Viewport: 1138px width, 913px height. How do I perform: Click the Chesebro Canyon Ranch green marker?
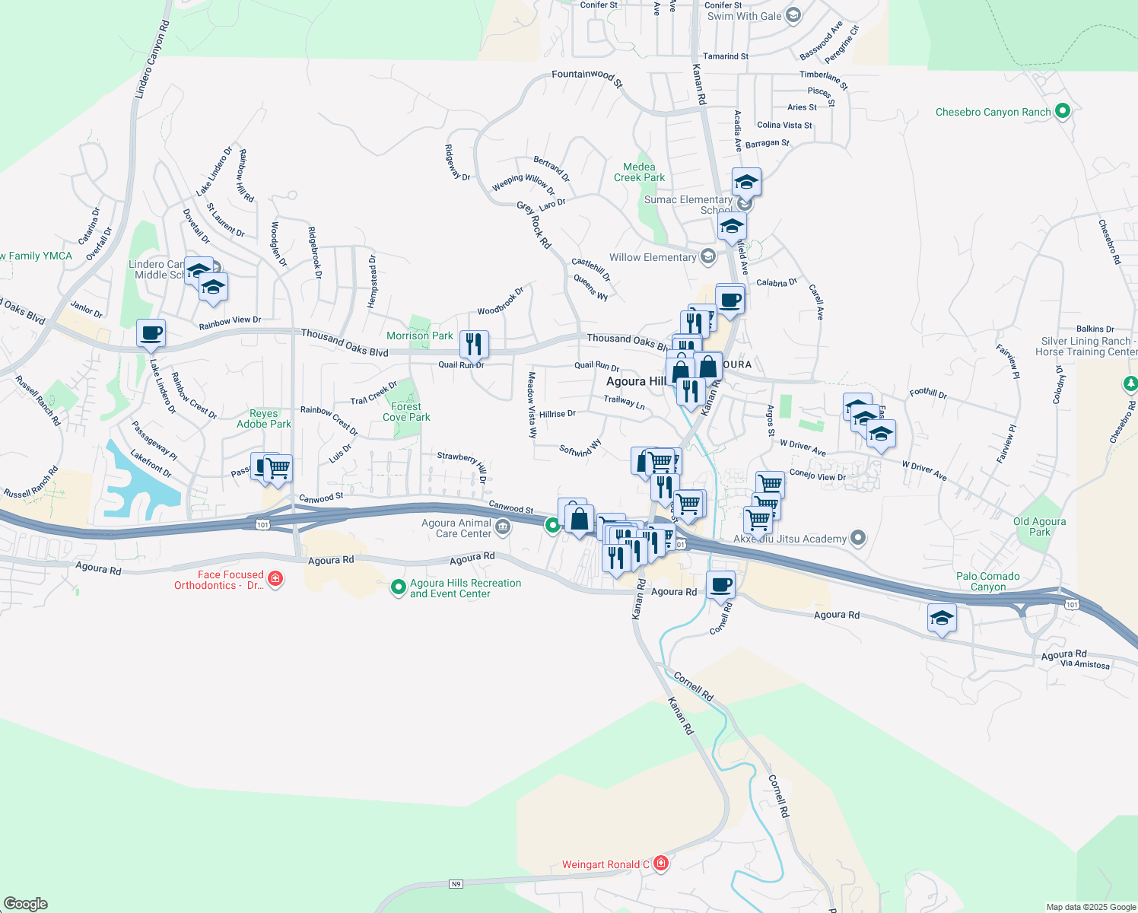pyautogui.click(x=1063, y=112)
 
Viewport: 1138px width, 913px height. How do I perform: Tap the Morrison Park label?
pyautogui.click(x=419, y=336)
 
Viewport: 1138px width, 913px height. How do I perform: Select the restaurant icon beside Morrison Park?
pyautogui.click(x=473, y=345)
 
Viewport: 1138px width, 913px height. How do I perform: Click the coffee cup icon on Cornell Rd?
pyautogui.click(x=720, y=585)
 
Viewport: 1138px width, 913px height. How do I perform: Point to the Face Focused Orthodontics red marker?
pyautogui.click(x=275, y=579)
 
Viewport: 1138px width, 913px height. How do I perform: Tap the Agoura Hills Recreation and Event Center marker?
pyautogui.click(x=398, y=587)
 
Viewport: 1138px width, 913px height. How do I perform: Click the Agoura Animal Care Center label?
pyautogui.click(x=456, y=528)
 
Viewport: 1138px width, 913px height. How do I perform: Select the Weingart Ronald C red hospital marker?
pyautogui.click(x=660, y=863)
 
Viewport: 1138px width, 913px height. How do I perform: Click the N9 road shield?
pyautogui.click(x=455, y=883)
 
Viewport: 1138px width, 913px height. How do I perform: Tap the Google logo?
pyautogui.click(x=26, y=904)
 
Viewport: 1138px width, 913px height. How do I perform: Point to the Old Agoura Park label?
pyautogui.click(x=1039, y=526)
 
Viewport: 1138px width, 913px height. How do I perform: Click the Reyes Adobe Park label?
pyautogui.click(x=263, y=419)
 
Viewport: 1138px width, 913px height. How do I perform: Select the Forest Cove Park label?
pyautogui.click(x=406, y=412)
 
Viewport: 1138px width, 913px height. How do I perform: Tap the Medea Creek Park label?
pyautogui.click(x=639, y=172)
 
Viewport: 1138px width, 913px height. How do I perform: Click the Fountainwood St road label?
pyautogui.click(x=586, y=76)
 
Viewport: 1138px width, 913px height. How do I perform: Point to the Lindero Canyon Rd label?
pyautogui.click(x=151, y=59)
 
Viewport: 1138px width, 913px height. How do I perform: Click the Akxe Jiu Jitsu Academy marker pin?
pyautogui.click(x=858, y=538)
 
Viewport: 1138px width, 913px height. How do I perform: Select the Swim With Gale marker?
pyautogui.click(x=793, y=15)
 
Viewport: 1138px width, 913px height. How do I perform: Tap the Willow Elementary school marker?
pyautogui.click(x=708, y=256)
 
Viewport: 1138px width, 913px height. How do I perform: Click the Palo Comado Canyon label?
pyautogui.click(x=987, y=581)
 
